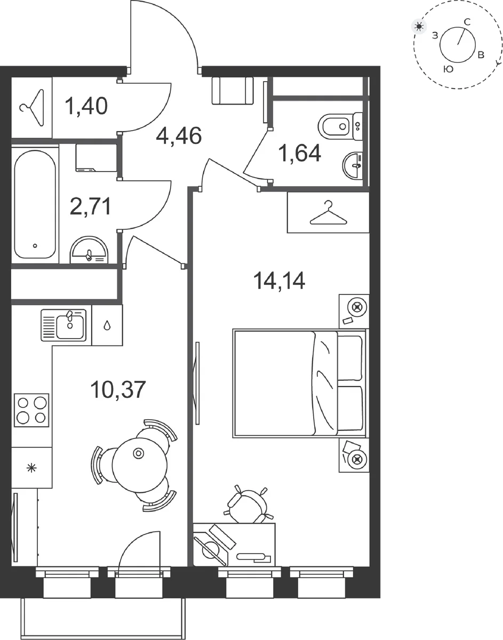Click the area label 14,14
279,281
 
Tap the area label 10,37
118,390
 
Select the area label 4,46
179,135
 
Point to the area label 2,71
90,206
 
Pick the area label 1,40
86,106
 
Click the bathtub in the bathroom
35,204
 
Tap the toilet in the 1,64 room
340,126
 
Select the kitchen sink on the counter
63,325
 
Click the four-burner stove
31,410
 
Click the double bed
299,383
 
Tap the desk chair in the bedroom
249,504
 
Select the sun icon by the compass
419,27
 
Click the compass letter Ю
448,69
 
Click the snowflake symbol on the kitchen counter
31,468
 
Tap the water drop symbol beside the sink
107,325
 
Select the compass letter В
481,55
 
